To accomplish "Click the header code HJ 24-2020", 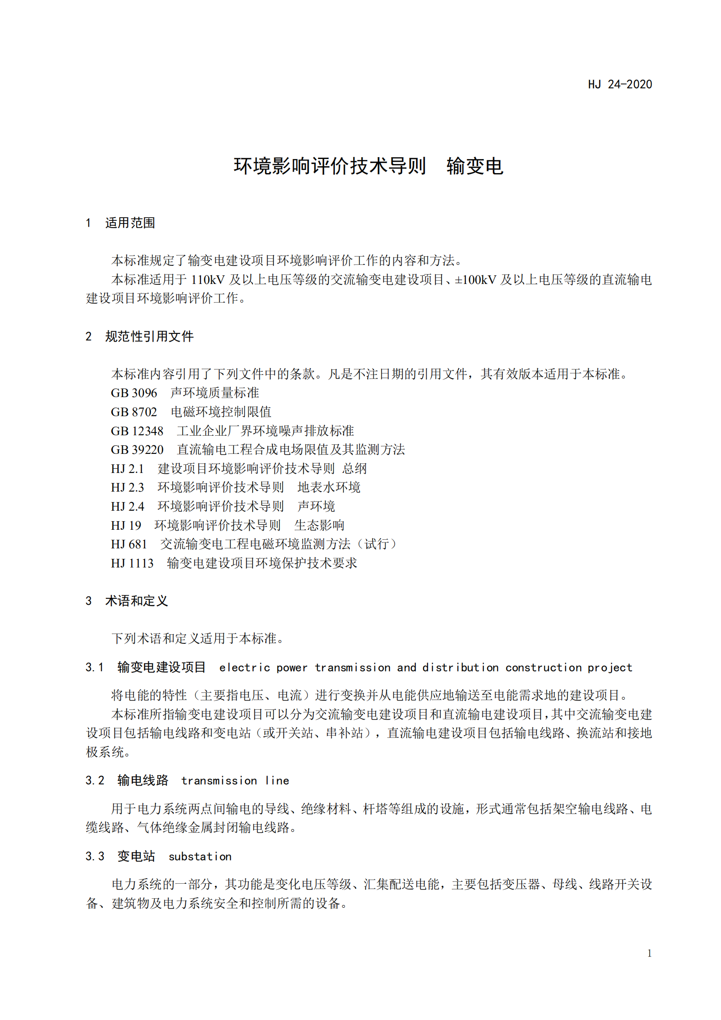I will pyautogui.click(x=620, y=85).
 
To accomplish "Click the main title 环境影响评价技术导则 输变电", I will pyautogui.click(x=368, y=166).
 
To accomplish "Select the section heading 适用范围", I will pyautogui.click(x=130, y=223).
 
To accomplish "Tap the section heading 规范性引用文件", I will pyautogui.click(x=149, y=336).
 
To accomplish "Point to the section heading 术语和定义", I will pyautogui.click(x=136, y=601).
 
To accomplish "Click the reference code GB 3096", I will pyautogui.click(x=134, y=393).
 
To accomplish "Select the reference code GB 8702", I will pyautogui.click(x=134, y=412).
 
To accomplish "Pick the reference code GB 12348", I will pyautogui.click(x=137, y=431).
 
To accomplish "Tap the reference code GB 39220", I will pyautogui.click(x=137, y=450).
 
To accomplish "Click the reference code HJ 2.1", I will pyautogui.click(x=127, y=468).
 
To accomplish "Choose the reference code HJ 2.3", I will pyautogui.click(x=127, y=488).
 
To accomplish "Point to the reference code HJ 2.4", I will pyautogui.click(x=127, y=506).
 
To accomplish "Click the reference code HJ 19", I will pyautogui.click(x=126, y=525).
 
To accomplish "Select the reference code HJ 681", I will pyautogui.click(x=129, y=544).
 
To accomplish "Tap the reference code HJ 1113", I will pyautogui.click(x=132, y=563).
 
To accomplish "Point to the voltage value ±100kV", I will pyautogui.click(x=475, y=279).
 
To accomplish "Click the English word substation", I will pyautogui.click(x=200, y=856).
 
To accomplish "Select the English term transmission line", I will pyautogui.click(x=235, y=781).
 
